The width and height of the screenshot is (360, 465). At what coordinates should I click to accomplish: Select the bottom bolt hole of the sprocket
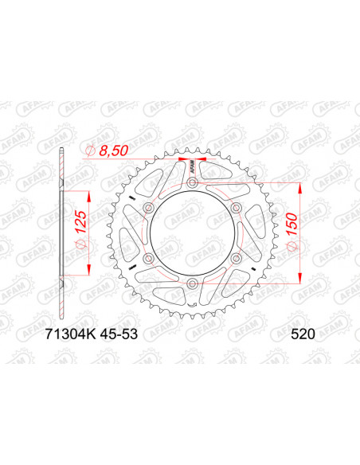coord(192,283)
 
